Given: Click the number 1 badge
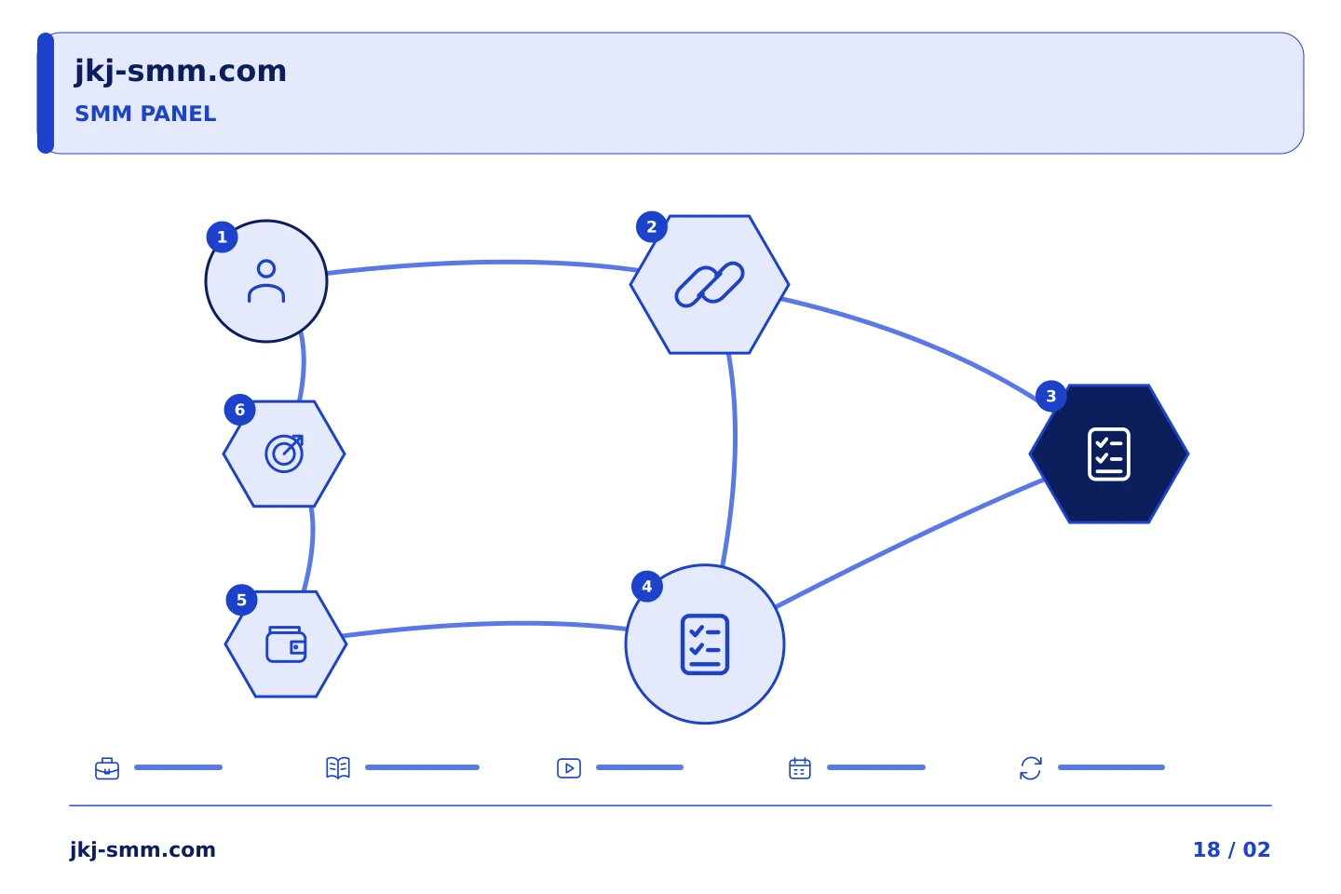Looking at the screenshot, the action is (x=222, y=237).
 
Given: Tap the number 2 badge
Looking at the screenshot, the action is (x=652, y=227).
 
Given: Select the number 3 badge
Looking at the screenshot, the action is (x=1051, y=397).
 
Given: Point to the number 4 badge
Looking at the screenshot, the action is (x=647, y=586).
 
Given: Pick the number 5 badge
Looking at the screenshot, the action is (x=242, y=600).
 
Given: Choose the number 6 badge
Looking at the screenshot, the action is (x=240, y=410).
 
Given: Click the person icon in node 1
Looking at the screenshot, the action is (x=266, y=281).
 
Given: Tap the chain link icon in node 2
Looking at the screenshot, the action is (x=710, y=284).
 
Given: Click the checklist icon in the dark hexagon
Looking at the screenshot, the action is (x=1109, y=454).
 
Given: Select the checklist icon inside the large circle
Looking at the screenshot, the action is (x=705, y=644).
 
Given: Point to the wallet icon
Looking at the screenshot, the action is (x=286, y=644).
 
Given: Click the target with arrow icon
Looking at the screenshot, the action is (x=284, y=454).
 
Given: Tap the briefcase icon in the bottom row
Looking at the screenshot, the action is (x=107, y=768).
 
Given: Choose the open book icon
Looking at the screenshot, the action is (x=338, y=767).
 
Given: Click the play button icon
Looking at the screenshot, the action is (x=569, y=768).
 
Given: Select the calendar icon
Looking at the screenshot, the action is (x=800, y=768).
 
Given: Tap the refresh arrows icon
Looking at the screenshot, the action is (x=1031, y=768).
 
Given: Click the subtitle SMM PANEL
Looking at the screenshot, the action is (x=145, y=114).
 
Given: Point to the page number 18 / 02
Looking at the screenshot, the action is (x=1231, y=849).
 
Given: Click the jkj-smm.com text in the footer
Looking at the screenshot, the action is (x=142, y=850).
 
